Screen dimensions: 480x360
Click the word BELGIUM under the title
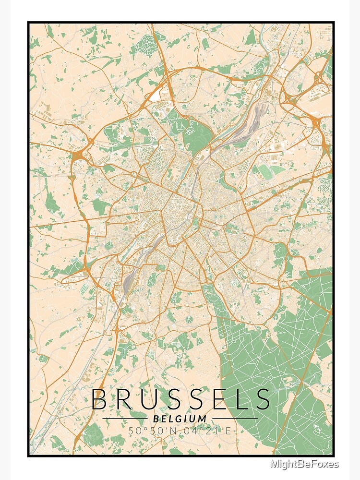pos(180,419)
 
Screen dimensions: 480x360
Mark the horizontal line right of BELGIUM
pos(235,419)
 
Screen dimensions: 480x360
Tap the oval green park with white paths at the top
pos(144,46)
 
